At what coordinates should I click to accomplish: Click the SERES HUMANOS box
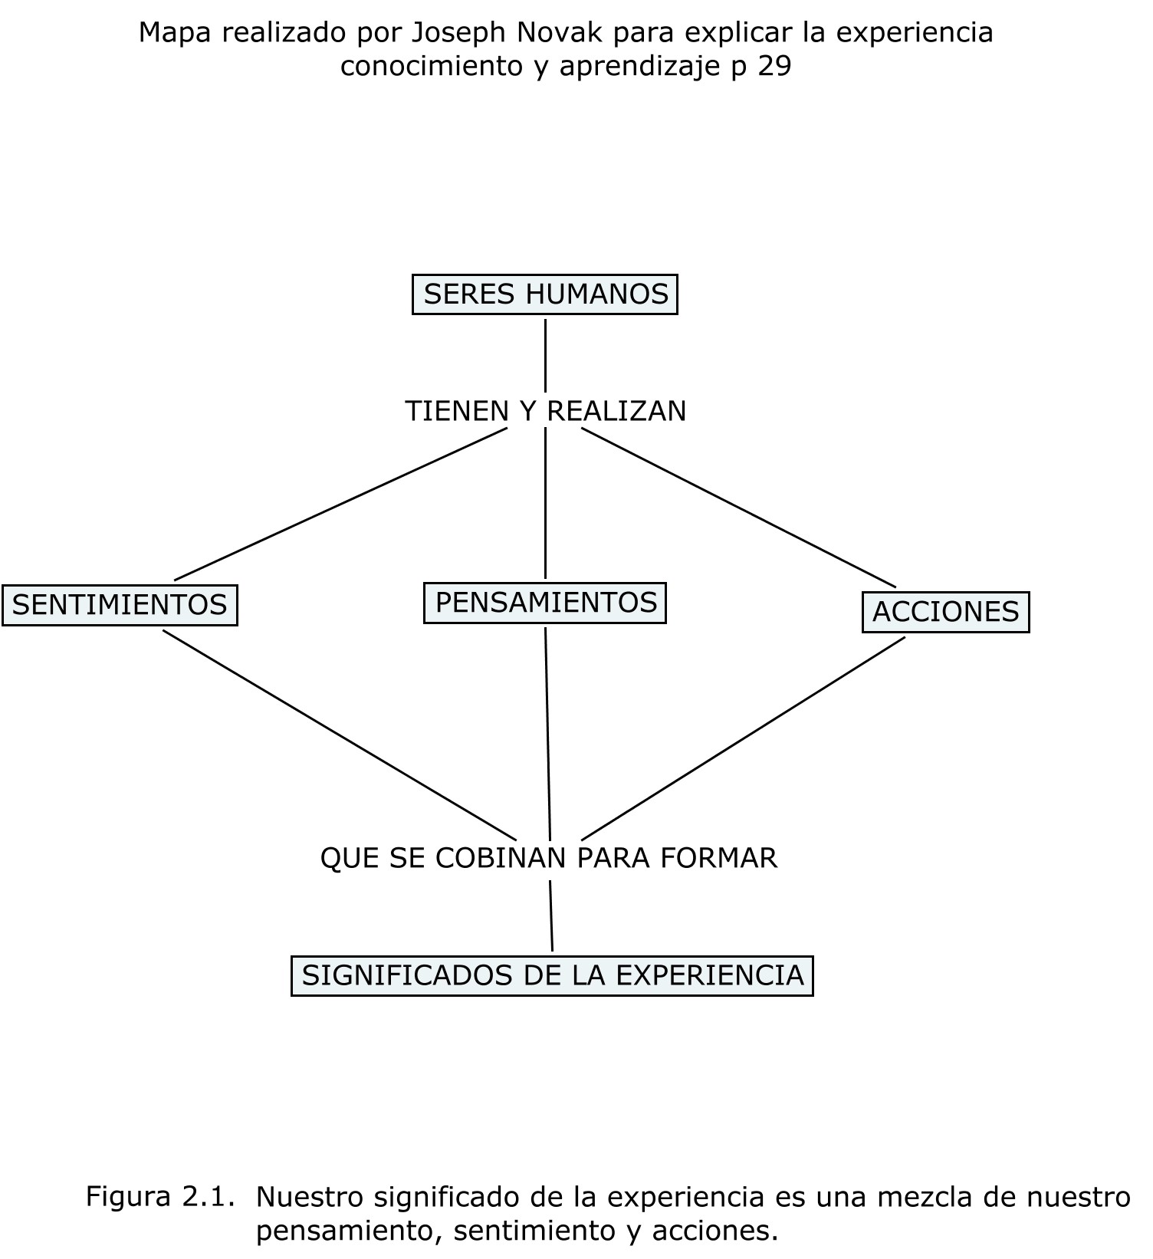pyautogui.click(x=545, y=294)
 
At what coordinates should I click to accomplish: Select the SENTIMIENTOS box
pyautogui.click(x=120, y=605)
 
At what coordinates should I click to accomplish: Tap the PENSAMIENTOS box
pyautogui.click(x=545, y=603)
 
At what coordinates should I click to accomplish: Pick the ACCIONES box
pyautogui.click(x=945, y=612)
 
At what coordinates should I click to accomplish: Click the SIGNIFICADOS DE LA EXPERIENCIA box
pyautogui.click(x=552, y=975)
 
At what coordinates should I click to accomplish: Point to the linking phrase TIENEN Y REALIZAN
pyautogui.click(x=545, y=412)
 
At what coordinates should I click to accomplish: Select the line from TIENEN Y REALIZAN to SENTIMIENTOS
pyautogui.click(x=341, y=504)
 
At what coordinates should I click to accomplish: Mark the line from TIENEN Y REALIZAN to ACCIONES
pyautogui.click(x=738, y=507)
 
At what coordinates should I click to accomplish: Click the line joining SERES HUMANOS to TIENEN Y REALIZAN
pyautogui.click(x=545, y=355)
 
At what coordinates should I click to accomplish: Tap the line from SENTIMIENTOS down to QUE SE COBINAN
pyautogui.click(x=340, y=735)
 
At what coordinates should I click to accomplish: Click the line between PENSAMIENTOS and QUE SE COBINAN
pyautogui.click(x=547, y=732)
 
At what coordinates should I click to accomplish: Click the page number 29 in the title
pyautogui.click(x=774, y=67)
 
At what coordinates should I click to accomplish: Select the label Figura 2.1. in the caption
pyautogui.click(x=159, y=1196)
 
